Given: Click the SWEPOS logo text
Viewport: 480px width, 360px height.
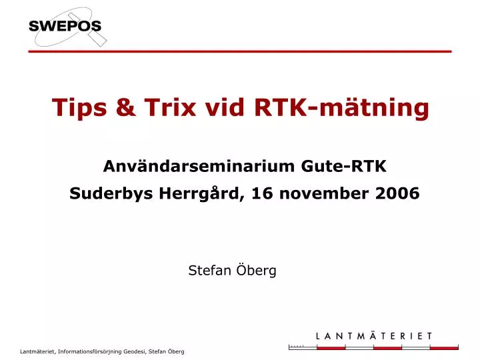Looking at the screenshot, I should click(65, 27).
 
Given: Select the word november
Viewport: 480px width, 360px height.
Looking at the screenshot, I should click(318, 193).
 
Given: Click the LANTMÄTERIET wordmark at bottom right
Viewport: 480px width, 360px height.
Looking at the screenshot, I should click(374, 336).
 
